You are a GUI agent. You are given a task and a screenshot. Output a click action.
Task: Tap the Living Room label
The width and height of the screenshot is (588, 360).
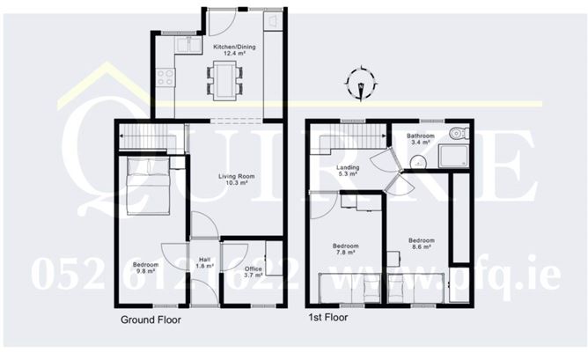(233, 180)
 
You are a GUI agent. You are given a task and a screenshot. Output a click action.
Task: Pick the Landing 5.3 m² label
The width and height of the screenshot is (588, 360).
(348, 171)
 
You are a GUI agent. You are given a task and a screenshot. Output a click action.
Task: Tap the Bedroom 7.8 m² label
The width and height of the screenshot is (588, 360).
(344, 249)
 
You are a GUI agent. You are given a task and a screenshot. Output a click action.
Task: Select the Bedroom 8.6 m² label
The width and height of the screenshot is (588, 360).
(421, 244)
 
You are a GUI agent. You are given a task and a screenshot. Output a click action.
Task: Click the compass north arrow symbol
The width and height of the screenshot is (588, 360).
(361, 84)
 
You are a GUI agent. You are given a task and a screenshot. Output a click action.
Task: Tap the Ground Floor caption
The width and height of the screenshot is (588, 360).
(151, 320)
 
